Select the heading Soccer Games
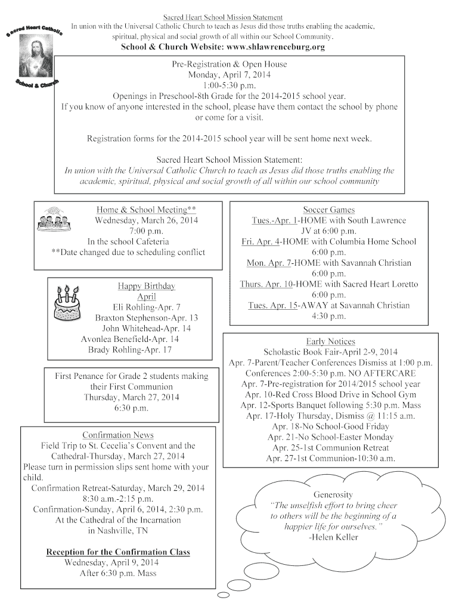pos(328,210)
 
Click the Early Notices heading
pos(330,341)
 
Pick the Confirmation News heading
pos(118,435)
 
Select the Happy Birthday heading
pos(146,286)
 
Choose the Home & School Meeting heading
pos(146,210)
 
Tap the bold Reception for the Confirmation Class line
pos(118,552)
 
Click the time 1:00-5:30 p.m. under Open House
pos(229,86)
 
